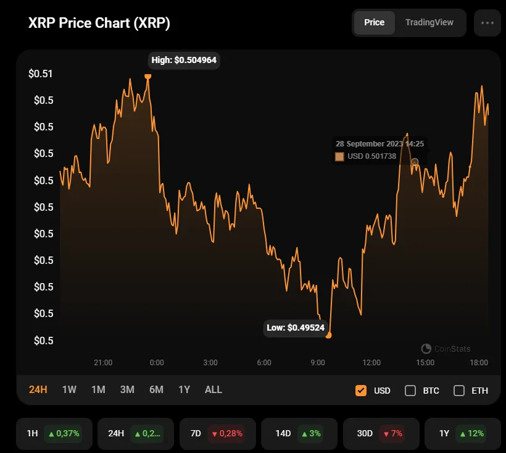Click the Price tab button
tap(374, 23)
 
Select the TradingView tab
tap(429, 23)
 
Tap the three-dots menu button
tap(487, 23)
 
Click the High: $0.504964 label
tap(185, 61)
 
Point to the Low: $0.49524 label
tap(296, 328)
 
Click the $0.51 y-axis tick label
tap(41, 74)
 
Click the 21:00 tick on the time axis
tap(103, 362)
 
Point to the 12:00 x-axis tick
tap(371, 362)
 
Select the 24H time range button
tap(38, 389)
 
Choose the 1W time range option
tap(69, 389)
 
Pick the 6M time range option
tap(156, 389)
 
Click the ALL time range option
tap(213, 389)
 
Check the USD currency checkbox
tap(361, 391)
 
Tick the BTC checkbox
tap(410, 391)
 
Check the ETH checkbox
tap(459, 391)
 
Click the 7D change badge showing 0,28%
tap(216, 433)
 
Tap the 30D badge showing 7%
tap(380, 433)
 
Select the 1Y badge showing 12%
tap(462, 433)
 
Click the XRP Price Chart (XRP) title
tap(99, 23)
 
